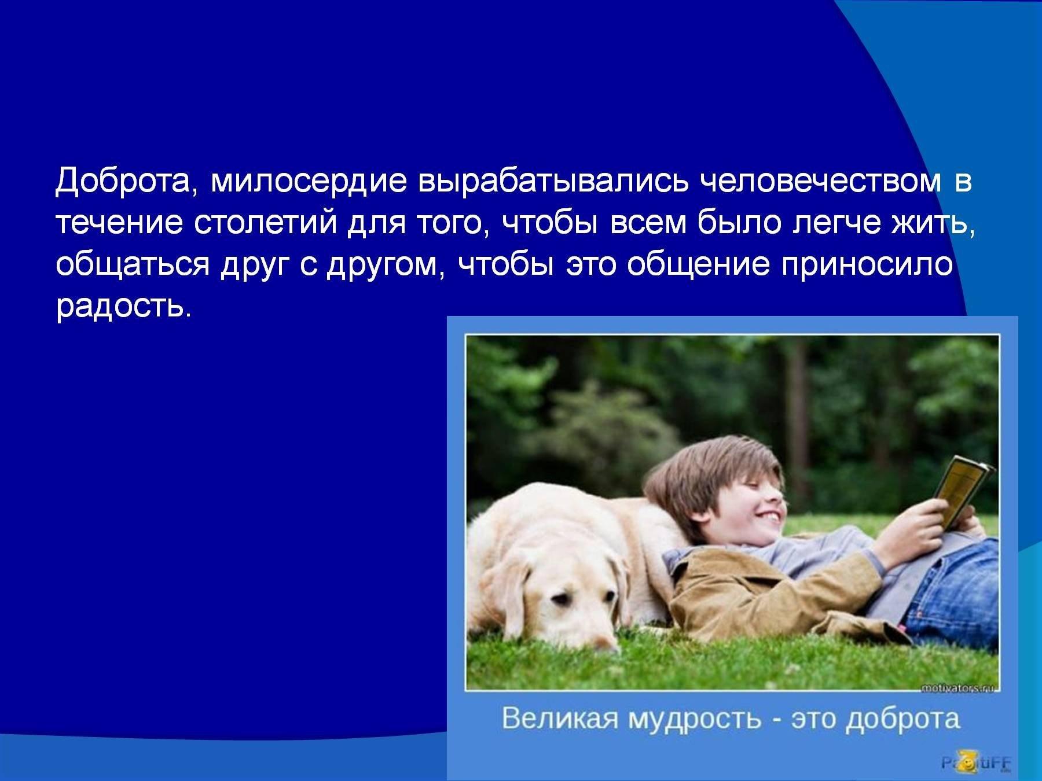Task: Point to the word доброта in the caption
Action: coord(903,720)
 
